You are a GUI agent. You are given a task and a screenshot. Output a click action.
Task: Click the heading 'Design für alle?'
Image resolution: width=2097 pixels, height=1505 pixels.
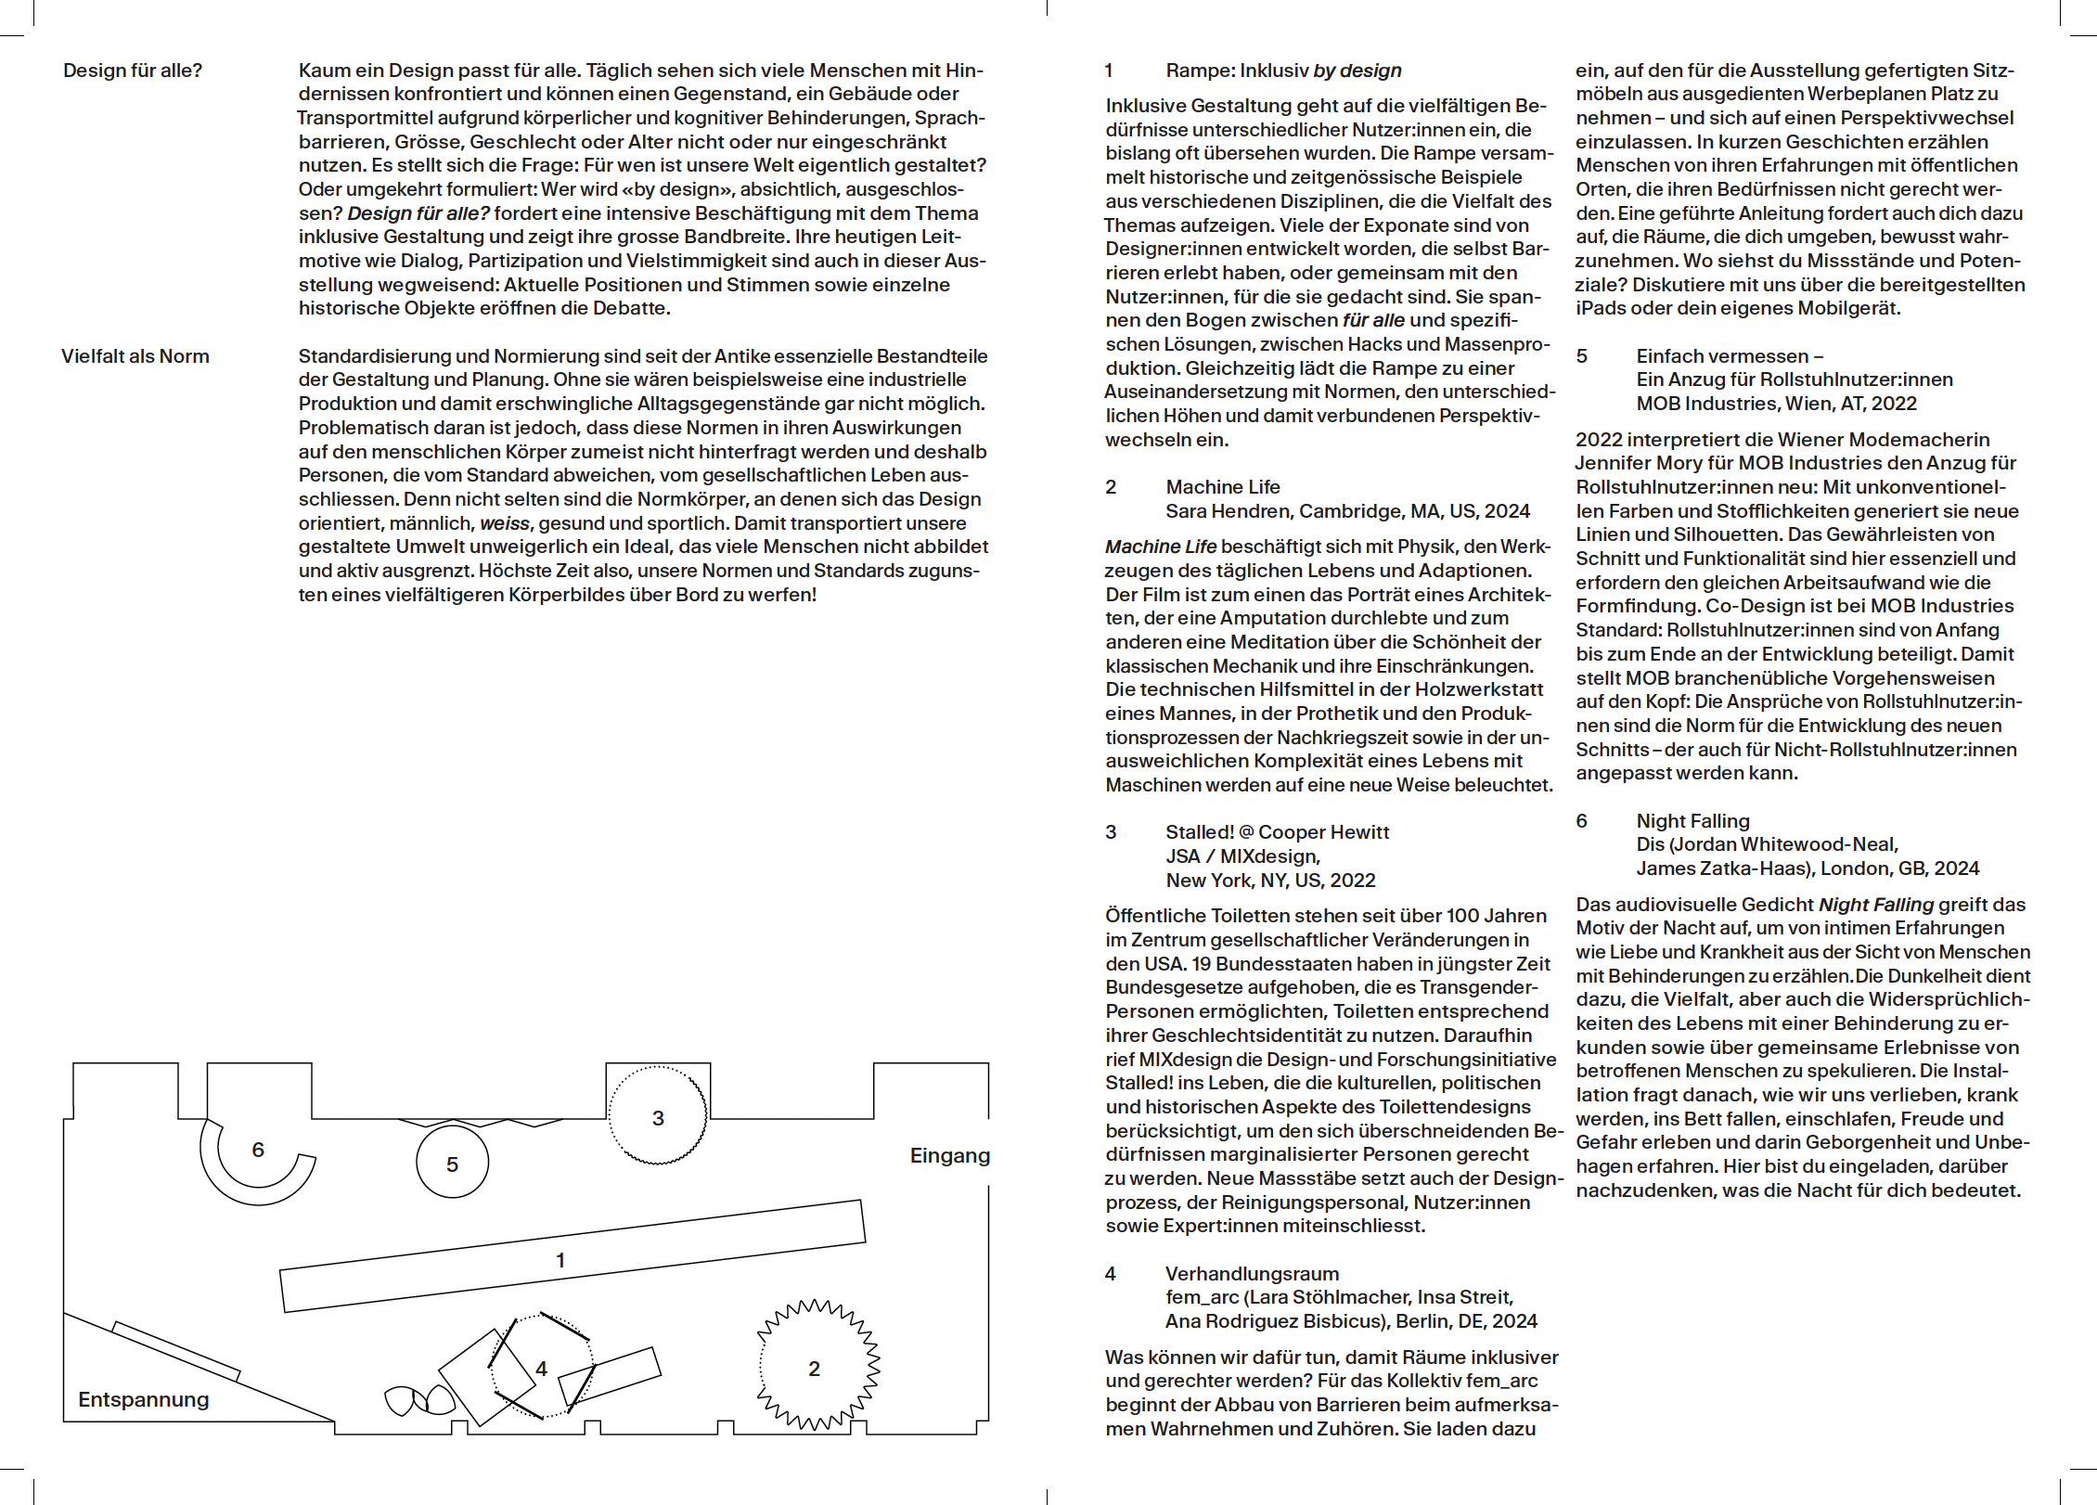(133, 71)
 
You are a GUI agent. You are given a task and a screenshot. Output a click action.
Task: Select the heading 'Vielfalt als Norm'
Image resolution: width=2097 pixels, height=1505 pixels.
(135, 356)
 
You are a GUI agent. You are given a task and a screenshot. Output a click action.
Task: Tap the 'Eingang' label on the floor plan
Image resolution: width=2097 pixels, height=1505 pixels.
(949, 1155)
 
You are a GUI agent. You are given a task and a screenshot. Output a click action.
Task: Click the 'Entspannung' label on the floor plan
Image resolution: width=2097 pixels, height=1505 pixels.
(144, 1399)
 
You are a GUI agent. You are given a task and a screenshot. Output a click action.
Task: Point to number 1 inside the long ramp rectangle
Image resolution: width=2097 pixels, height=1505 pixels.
(560, 1260)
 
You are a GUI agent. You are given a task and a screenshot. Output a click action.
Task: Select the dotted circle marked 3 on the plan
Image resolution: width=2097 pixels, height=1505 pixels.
(657, 1116)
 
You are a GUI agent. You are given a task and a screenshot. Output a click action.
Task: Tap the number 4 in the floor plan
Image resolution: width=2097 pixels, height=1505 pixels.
(542, 1369)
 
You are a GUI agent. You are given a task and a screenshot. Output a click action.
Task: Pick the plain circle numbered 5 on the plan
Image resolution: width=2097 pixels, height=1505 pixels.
(452, 1164)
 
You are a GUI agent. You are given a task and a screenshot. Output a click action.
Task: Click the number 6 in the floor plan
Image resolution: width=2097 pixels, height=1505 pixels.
(258, 1150)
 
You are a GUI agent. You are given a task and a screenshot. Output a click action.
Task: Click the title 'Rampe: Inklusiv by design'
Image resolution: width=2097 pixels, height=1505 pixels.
(1283, 71)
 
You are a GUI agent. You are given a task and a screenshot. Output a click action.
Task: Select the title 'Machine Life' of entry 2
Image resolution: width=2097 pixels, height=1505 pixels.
(1222, 487)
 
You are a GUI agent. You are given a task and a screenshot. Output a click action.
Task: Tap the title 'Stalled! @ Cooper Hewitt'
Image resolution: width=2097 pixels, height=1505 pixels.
(1277, 832)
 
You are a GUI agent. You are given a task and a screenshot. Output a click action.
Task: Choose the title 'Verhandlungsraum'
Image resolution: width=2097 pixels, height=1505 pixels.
(1252, 1274)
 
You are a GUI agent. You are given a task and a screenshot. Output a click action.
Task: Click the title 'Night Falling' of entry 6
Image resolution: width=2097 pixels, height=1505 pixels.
(1692, 821)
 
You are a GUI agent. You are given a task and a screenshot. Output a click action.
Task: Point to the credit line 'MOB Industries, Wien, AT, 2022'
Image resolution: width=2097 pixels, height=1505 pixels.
(1776, 404)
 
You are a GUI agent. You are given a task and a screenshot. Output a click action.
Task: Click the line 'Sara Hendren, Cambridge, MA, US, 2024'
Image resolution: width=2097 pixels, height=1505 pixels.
(1347, 511)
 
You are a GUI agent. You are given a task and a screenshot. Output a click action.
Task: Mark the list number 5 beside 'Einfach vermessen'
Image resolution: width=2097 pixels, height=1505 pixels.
(1581, 356)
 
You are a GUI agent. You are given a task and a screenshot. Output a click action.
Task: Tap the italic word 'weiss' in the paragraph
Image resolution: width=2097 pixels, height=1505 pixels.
(505, 523)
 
